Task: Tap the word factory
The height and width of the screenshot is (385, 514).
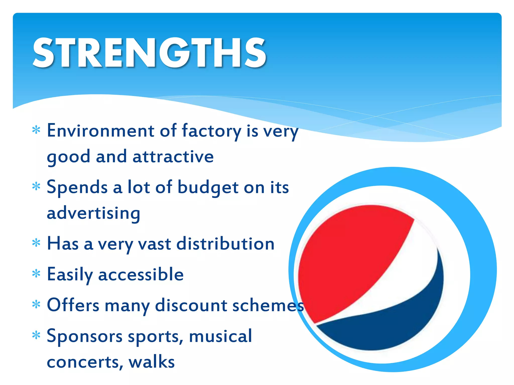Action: tap(211, 131)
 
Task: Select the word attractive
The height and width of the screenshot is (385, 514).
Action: tap(173, 157)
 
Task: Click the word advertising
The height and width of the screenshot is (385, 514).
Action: tap(93, 214)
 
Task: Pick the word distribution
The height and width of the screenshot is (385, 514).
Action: tap(225, 244)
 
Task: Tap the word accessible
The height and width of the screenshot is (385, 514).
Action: tap(141, 274)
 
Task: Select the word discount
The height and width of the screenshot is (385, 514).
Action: tap(191, 305)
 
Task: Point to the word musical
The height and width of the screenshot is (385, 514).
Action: tap(220, 336)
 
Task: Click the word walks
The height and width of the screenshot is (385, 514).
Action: tap(152, 362)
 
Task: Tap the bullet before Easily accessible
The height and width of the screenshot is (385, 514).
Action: tap(36, 274)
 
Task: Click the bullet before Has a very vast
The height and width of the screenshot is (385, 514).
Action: tap(36, 243)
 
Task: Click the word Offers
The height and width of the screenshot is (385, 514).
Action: tap(73, 305)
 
